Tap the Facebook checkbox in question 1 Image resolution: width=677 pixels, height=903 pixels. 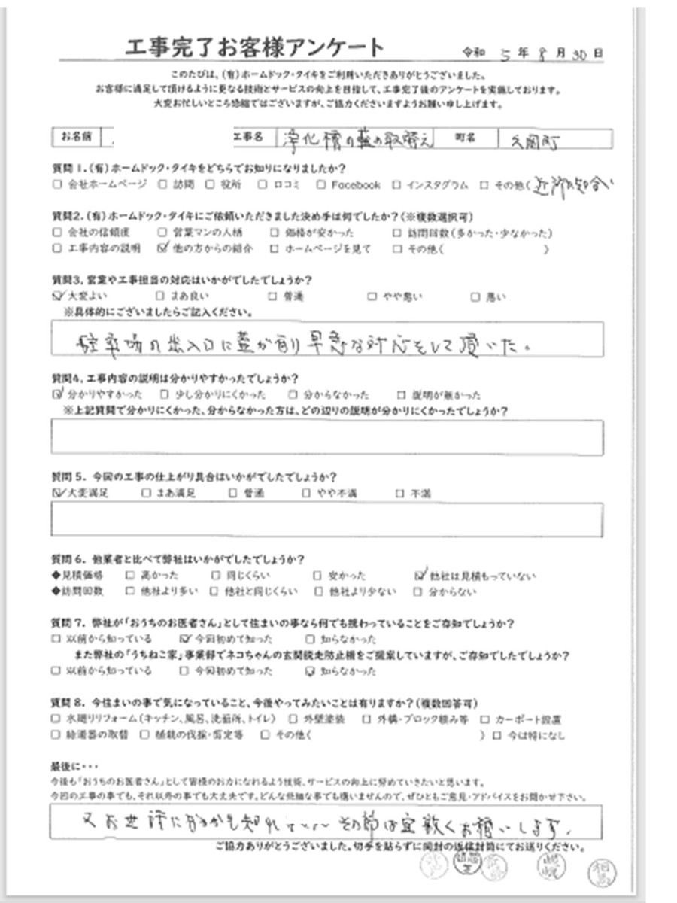[320, 184]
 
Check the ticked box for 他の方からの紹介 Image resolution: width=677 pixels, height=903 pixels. [163, 247]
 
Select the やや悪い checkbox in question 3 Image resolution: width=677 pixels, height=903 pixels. [371, 296]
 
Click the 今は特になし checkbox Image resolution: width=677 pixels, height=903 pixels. [496, 735]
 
